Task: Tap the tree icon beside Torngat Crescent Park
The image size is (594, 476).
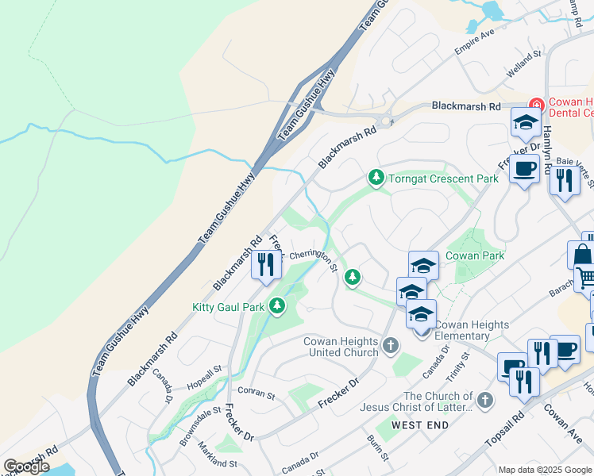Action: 376,178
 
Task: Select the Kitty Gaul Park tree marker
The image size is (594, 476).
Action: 277,306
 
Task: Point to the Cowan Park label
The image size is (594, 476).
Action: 475,255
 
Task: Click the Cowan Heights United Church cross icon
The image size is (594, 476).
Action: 390,345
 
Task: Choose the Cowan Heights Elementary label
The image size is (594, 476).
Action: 472,331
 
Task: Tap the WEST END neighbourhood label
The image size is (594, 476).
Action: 420,425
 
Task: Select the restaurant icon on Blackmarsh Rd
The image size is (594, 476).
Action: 267,264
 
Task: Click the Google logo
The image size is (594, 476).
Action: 26,466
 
